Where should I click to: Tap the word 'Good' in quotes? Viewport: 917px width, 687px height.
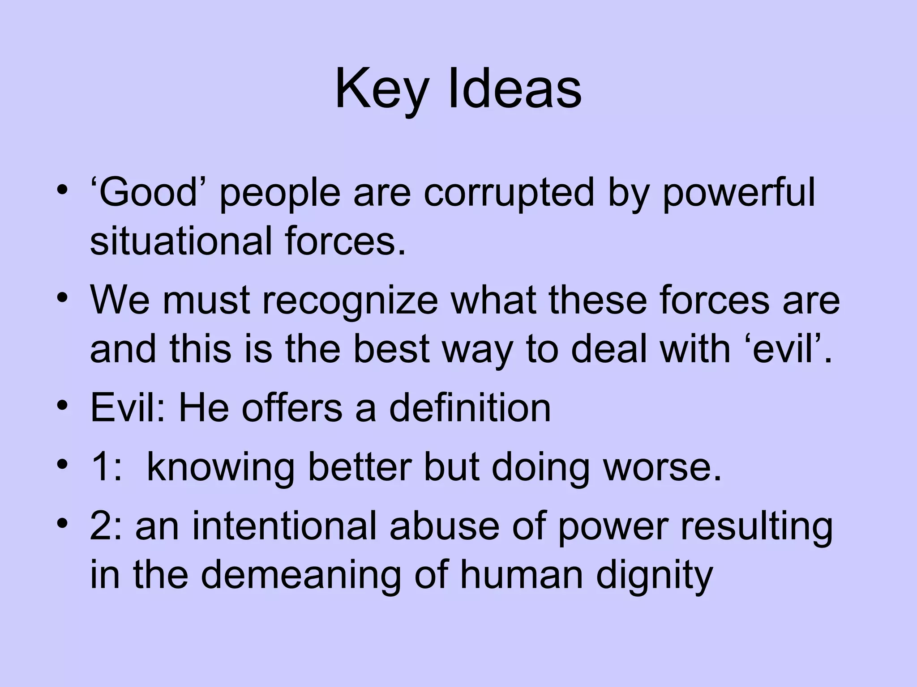(148, 193)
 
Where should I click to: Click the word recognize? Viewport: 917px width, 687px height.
(350, 301)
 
